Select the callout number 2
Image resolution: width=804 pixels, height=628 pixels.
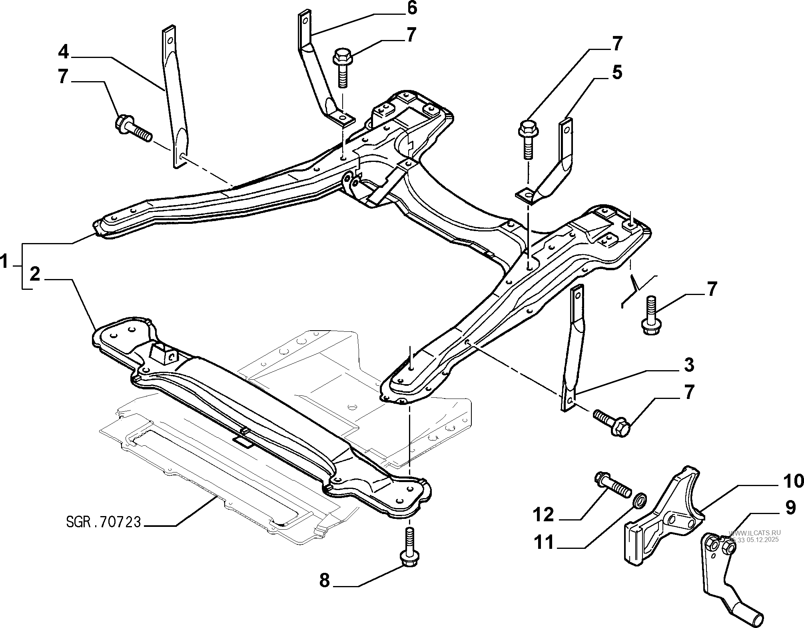tap(35, 275)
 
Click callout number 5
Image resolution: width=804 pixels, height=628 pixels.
tap(617, 73)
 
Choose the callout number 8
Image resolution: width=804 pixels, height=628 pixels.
tap(325, 580)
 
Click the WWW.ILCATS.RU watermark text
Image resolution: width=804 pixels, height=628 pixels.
tap(754, 532)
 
